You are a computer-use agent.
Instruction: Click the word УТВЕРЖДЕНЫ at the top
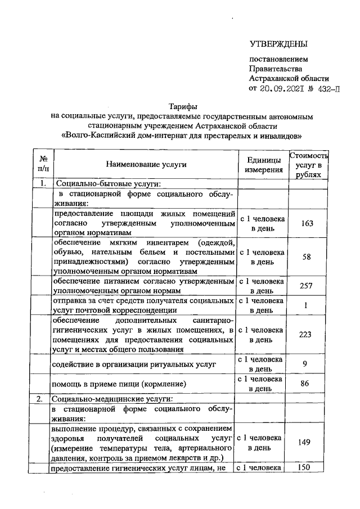pos(279,44)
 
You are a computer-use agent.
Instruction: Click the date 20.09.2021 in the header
pos(280,89)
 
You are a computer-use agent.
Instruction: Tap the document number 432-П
pos(327,89)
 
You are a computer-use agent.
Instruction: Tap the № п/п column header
pos(43,164)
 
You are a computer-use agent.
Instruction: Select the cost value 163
pos(307,223)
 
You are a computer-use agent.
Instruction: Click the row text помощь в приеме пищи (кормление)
pos(119,384)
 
